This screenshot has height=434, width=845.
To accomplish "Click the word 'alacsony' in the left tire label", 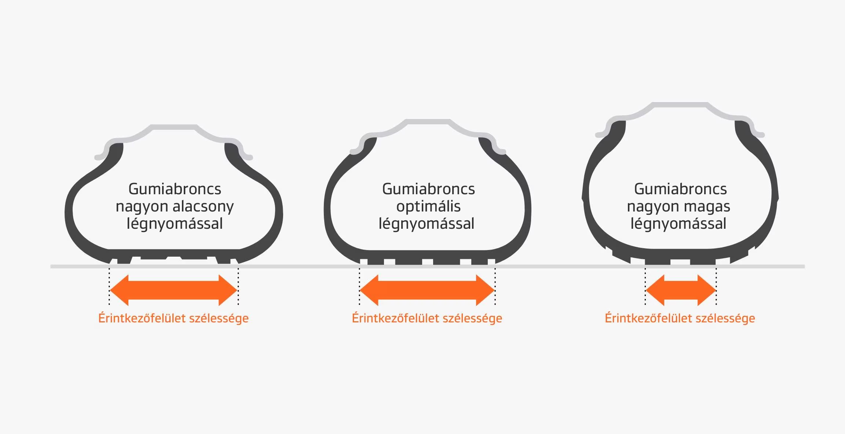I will (203, 206).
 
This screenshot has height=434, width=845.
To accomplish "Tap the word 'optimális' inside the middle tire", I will (428, 206).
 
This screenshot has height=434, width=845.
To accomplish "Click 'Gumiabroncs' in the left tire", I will (175, 189).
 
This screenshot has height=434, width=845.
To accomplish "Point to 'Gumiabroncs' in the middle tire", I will (428, 189).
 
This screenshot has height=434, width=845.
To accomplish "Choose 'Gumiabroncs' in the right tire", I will (680, 189).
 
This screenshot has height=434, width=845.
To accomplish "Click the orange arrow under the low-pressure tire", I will (173, 290).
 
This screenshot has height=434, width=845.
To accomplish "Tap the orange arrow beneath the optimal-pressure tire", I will (427, 290).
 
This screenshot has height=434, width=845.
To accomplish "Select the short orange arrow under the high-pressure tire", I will (681, 290).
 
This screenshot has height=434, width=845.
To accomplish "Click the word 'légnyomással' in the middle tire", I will (426, 224).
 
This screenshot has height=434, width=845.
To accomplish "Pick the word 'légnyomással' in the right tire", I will (678, 224).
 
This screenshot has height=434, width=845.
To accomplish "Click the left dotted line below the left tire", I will (109, 286).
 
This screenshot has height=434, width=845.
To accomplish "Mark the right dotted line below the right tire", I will (716, 286).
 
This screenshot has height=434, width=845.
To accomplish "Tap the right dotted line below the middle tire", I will (495, 286).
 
